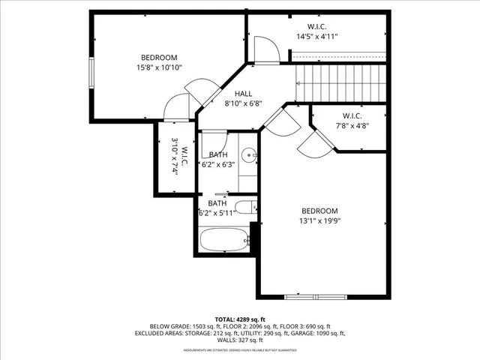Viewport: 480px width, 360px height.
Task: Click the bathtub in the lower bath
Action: click(x=224, y=241)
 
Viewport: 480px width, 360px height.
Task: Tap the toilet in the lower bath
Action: click(x=244, y=208)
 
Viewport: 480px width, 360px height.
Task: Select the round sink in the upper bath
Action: click(x=253, y=157)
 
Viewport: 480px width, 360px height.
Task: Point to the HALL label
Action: click(x=243, y=94)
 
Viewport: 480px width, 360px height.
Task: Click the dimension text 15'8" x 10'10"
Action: click(x=159, y=67)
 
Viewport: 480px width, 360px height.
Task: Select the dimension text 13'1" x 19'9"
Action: click(x=320, y=221)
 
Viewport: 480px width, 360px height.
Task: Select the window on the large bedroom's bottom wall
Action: click(x=316, y=295)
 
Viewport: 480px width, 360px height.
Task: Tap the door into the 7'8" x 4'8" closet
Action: click(x=312, y=143)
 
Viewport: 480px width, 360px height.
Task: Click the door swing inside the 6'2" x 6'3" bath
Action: click(x=214, y=142)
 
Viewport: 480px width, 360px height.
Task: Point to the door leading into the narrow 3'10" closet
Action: click(x=178, y=109)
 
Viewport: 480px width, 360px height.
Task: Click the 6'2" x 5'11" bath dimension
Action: click(x=217, y=213)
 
